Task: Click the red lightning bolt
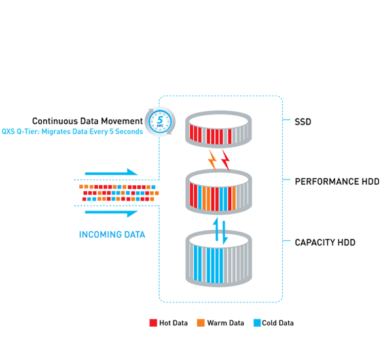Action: [226, 159]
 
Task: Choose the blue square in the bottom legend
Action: [257, 319]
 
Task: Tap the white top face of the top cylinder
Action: [219, 118]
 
